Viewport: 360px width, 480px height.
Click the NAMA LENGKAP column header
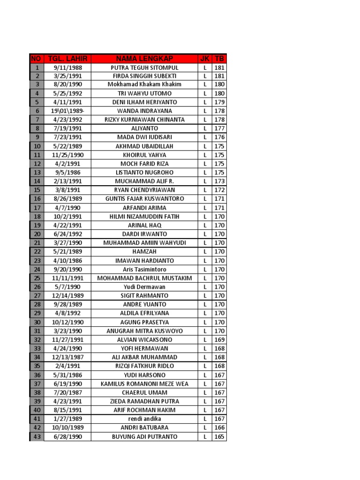(x=144, y=59)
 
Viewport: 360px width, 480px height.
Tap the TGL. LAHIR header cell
(x=67, y=59)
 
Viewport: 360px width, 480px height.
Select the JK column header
(x=205, y=59)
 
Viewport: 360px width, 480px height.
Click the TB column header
(x=219, y=59)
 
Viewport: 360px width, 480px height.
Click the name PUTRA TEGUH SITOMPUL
(x=144, y=67)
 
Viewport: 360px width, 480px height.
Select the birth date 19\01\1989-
(x=67, y=111)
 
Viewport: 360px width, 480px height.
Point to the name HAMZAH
(x=144, y=252)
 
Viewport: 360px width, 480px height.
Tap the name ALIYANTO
(x=144, y=128)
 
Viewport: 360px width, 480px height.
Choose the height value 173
(x=219, y=181)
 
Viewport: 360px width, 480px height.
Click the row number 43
(x=37, y=436)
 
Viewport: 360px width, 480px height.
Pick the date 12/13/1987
(x=67, y=357)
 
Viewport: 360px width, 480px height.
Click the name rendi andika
(x=144, y=419)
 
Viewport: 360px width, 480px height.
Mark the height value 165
(x=219, y=436)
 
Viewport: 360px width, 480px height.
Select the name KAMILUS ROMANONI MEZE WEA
(x=144, y=383)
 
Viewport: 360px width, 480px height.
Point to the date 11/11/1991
(x=67, y=278)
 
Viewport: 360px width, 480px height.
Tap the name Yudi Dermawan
(x=144, y=287)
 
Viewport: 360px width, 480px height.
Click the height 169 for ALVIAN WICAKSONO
(x=219, y=339)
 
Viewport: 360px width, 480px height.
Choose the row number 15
(x=37, y=190)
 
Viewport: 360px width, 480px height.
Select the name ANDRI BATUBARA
(x=144, y=427)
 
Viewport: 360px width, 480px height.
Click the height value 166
(x=219, y=427)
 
